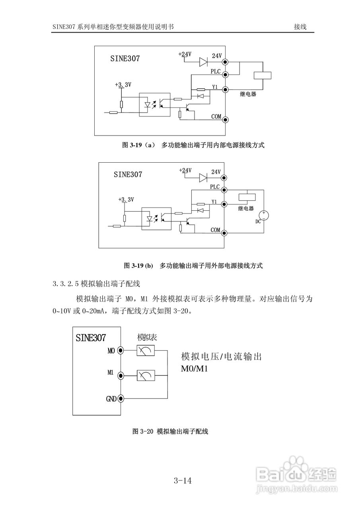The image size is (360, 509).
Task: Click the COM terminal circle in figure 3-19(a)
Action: [225, 119]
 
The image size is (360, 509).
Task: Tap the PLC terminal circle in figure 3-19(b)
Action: [225, 190]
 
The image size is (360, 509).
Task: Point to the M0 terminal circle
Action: [121, 350]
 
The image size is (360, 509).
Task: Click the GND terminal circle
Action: [121, 398]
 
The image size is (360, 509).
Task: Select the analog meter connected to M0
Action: [145, 350]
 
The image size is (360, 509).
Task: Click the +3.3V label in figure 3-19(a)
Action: [123, 85]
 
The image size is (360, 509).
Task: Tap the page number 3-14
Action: [183, 481]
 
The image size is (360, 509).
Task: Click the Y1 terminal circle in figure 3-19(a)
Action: [225, 90]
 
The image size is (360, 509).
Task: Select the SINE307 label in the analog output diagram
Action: [91, 338]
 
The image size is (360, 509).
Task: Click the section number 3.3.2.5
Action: [66, 284]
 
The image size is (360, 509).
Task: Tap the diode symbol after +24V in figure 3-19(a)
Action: [203, 62]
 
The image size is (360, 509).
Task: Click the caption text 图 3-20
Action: [143, 431]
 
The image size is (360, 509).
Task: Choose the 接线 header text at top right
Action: [300, 27]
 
